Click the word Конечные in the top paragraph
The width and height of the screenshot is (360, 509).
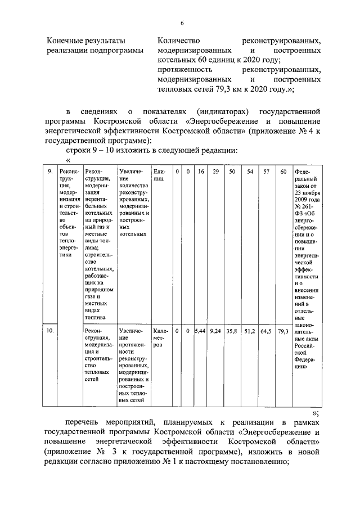pyautogui.click(x=65, y=41)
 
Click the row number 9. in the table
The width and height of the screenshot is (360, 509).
pyautogui.click(x=49, y=171)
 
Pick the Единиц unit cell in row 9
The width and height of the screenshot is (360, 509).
pyautogui.click(x=159, y=174)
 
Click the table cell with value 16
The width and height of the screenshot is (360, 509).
pyautogui.click(x=200, y=171)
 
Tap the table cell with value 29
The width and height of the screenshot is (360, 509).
pyautogui.click(x=215, y=171)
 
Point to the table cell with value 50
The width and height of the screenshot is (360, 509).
pyautogui.click(x=232, y=171)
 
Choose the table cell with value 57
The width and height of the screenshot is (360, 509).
pyautogui.click(x=267, y=171)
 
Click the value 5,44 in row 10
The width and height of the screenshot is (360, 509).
pyautogui.click(x=200, y=331)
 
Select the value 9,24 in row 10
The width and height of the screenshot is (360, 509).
pyautogui.click(x=215, y=331)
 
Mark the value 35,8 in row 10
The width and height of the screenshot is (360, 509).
pyautogui.click(x=232, y=331)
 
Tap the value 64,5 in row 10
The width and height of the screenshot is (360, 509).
pyautogui.click(x=267, y=331)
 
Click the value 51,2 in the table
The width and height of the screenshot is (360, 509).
pyautogui.click(x=250, y=331)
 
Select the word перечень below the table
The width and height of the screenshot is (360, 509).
pyautogui.click(x=83, y=422)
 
